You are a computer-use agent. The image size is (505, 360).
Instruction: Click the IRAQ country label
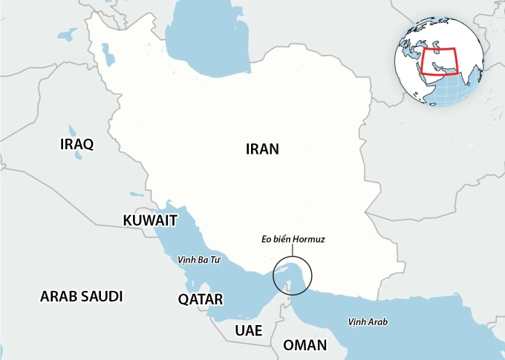click(76, 144)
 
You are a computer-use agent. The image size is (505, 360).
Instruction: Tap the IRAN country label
click(261, 148)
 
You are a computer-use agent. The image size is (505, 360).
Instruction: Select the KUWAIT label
click(150, 220)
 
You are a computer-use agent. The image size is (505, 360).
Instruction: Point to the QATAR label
click(201, 299)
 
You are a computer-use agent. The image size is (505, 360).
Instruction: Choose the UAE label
click(249, 330)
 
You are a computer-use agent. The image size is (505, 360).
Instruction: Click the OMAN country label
click(304, 345)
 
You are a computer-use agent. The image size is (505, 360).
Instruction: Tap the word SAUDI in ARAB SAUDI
click(100, 296)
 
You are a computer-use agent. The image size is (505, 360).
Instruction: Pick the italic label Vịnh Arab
click(368, 321)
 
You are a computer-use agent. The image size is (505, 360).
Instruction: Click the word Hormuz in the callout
click(308, 240)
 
